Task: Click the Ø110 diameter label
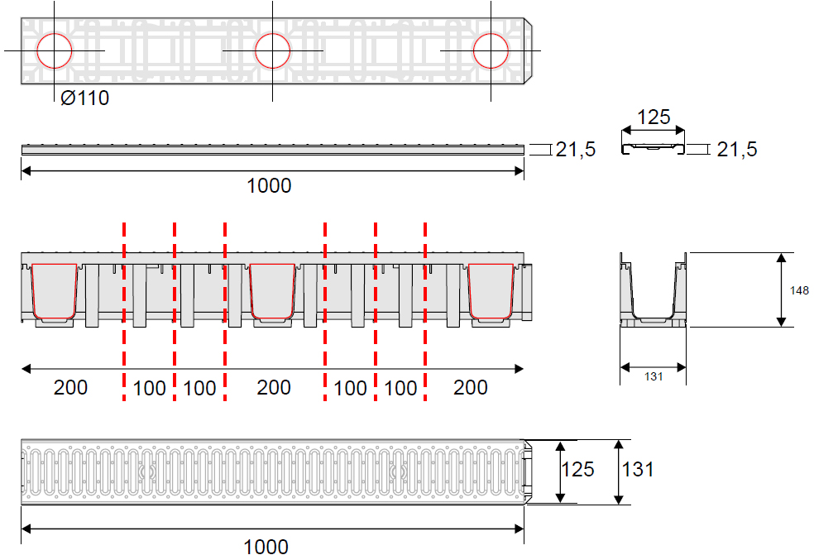84,98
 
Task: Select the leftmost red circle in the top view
54,50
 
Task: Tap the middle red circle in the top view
272,50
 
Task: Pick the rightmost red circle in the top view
491,50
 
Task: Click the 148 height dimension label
799,290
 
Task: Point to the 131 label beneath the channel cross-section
654,376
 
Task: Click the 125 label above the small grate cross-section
654,117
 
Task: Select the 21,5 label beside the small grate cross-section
736,150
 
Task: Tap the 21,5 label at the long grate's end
576,150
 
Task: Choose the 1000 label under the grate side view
269,185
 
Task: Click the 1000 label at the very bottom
266,546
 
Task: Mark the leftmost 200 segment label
70,387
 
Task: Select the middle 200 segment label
273,387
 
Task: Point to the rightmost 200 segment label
471,387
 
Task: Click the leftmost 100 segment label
149,388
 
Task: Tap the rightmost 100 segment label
400,388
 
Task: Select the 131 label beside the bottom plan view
638,470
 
